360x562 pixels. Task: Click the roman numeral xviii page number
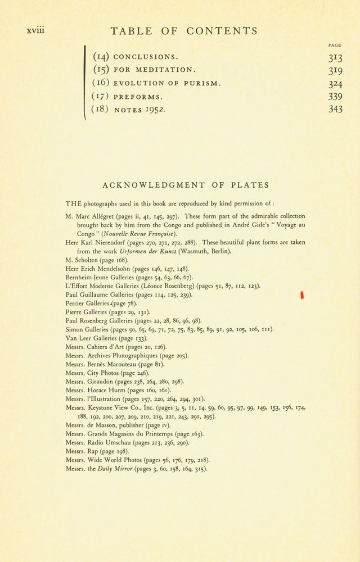(x=35, y=30)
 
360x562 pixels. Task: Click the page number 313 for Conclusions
(x=335, y=57)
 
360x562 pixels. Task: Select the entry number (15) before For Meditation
(x=101, y=70)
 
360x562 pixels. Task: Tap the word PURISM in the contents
(x=202, y=84)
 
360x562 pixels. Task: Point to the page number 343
(x=335, y=110)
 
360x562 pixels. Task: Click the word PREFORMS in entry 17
(x=138, y=97)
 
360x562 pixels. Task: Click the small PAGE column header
(x=335, y=46)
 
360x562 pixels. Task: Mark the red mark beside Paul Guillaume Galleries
(x=303, y=295)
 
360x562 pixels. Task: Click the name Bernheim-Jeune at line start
(x=86, y=278)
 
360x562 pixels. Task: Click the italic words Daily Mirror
(x=116, y=469)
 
